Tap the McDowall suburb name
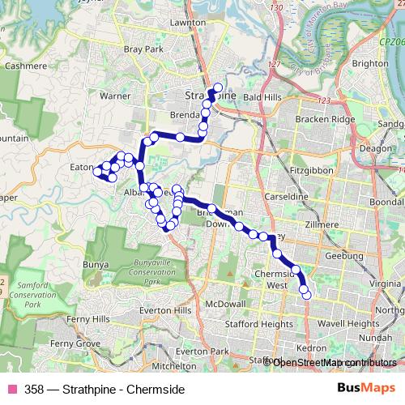click(225, 303)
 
